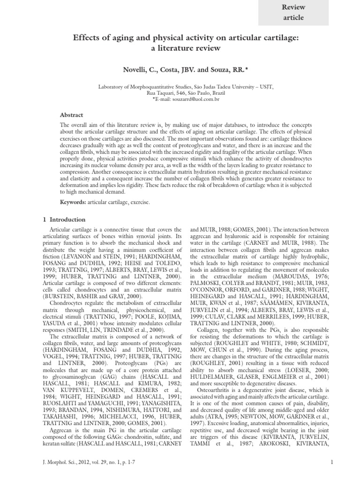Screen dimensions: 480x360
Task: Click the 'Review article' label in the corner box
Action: click(x=293, y=13)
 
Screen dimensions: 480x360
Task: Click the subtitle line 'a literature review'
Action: click(x=180, y=48)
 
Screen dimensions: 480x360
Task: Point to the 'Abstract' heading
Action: click(x=72, y=115)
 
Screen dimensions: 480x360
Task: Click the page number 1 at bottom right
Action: click(x=331, y=463)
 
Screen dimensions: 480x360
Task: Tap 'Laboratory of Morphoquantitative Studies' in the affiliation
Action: click(x=140, y=87)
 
